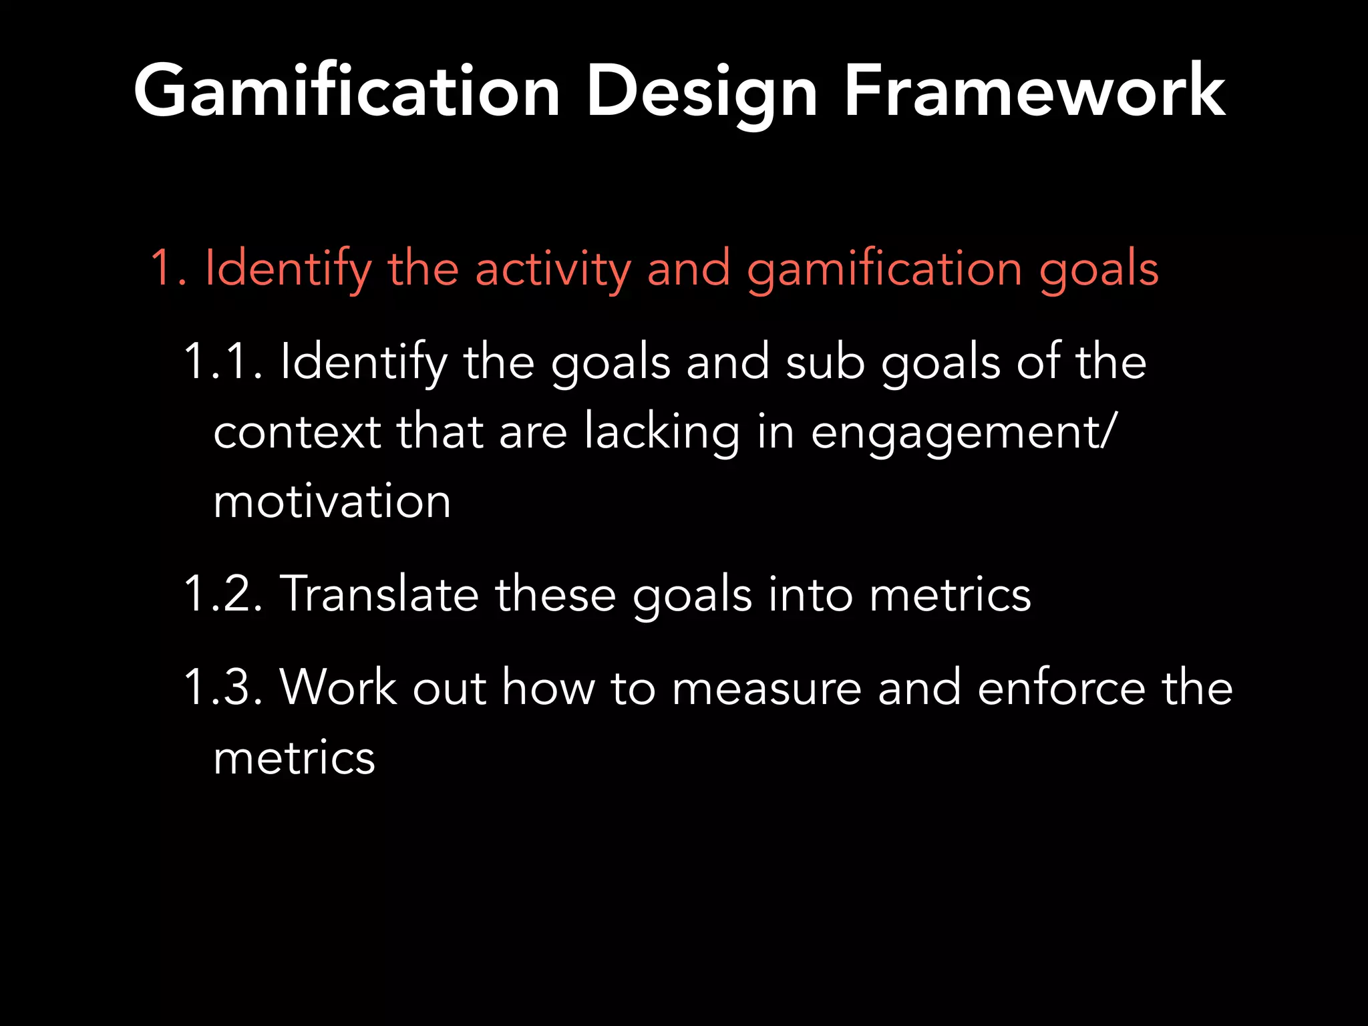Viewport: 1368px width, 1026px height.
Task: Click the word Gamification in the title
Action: point(346,92)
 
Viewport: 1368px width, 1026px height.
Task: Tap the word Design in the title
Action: point(701,92)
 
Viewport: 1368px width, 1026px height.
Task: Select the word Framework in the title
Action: point(1034,92)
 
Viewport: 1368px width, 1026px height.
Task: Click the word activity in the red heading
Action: point(553,269)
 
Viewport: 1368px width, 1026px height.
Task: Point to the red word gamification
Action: point(884,269)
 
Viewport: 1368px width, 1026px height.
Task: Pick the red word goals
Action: point(1098,269)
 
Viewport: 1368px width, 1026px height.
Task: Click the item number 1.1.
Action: point(222,362)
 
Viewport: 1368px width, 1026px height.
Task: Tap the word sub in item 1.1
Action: point(825,362)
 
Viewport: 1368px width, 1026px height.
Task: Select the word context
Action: point(297,432)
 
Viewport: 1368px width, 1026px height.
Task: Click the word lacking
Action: point(661,432)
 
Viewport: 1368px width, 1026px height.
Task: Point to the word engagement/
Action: point(963,432)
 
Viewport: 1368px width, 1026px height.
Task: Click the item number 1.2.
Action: point(222,594)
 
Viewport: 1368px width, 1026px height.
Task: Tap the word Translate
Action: point(379,594)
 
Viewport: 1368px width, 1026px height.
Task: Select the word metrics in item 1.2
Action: point(950,594)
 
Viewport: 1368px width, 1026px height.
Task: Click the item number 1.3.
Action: point(222,687)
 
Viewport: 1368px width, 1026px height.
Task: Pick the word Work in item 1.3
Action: point(338,687)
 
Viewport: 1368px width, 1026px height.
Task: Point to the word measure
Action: point(766,687)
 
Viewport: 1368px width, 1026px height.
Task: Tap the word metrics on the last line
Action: point(294,758)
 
